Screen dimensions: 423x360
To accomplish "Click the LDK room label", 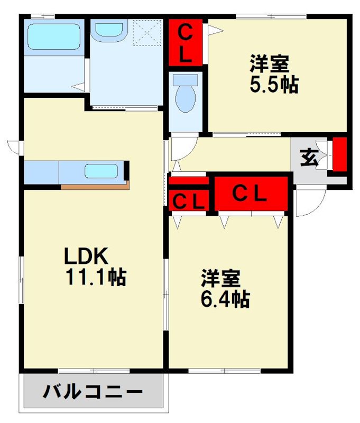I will (x=86, y=256).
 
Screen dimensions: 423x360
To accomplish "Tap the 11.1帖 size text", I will (x=95, y=276).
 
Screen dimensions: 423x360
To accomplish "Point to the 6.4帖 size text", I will (x=225, y=299).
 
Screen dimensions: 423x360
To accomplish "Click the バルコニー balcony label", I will (x=93, y=393).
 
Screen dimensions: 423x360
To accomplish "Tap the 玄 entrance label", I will (x=308, y=158).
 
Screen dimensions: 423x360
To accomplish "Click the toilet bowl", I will (x=185, y=98).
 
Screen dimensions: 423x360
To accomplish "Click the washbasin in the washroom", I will (x=109, y=30).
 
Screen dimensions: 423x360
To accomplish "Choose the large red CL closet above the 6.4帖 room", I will (x=251, y=194).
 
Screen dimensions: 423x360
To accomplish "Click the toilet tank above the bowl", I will (x=186, y=80).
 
